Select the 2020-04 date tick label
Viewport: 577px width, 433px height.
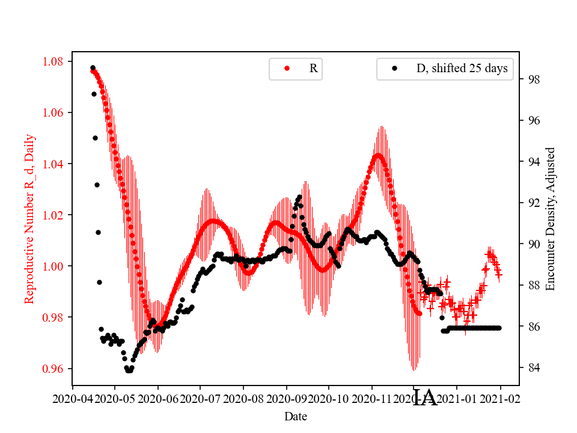coord(73,399)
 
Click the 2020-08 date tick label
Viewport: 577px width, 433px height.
coord(243,399)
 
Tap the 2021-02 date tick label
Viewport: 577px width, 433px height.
coord(500,399)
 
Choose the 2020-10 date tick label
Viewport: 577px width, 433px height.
coord(329,399)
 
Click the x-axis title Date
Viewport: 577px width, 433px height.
coord(296,416)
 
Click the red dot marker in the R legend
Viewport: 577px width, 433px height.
coord(287,69)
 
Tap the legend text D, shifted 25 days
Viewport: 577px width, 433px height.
coord(462,69)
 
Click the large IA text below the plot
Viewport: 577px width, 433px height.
coord(426,398)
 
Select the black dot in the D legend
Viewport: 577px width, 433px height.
coord(395,69)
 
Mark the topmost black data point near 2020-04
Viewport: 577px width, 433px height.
coord(93,68)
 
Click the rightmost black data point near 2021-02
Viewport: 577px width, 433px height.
coord(499,328)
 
